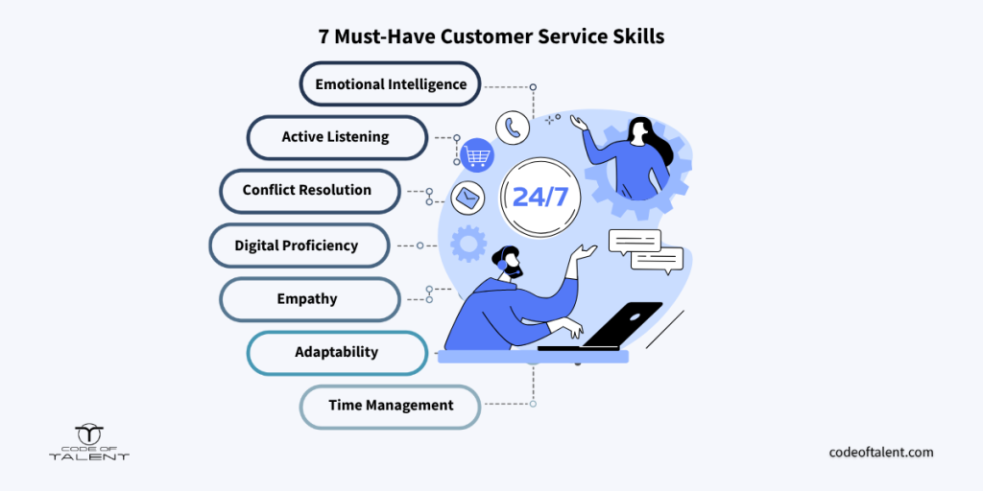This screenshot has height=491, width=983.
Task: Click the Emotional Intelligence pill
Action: coord(390,83)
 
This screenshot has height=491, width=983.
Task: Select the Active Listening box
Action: coord(337,137)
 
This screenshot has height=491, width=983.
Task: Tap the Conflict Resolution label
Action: coord(310,191)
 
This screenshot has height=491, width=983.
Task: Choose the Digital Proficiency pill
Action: coord(300,245)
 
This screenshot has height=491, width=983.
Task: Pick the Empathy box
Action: coord(310,299)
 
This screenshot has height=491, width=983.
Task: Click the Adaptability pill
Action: coord(337,353)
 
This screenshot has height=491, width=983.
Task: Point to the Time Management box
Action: coord(390,407)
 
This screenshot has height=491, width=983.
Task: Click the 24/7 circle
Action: coord(539,197)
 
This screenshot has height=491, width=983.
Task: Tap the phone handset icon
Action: coord(513,128)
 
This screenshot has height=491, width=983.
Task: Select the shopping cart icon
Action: coord(477,154)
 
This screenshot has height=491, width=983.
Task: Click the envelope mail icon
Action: coord(468,199)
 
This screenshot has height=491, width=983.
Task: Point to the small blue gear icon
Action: coord(468,244)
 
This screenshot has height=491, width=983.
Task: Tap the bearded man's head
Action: coord(508,262)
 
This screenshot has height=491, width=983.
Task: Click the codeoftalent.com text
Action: coord(881,452)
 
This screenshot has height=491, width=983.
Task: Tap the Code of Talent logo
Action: coord(89,443)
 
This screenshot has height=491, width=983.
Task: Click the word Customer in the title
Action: coord(492,36)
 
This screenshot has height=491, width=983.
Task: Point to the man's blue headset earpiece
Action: coord(502,265)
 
